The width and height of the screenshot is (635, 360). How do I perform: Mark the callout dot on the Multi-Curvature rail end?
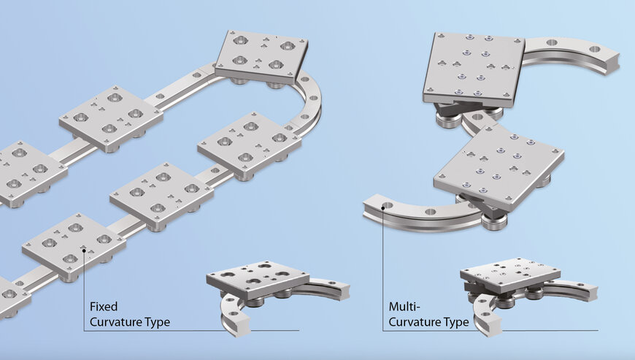click(x=383, y=207)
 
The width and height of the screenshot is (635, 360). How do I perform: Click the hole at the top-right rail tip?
click(x=596, y=49)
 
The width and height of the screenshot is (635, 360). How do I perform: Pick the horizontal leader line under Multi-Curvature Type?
click(x=511, y=331)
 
